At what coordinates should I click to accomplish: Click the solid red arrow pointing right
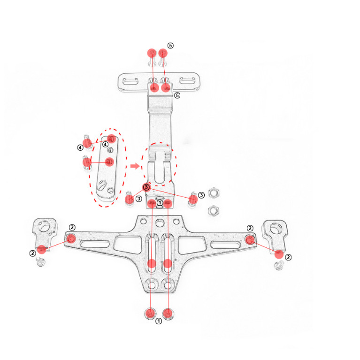tap(135, 166)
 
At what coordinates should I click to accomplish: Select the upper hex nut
tap(214, 192)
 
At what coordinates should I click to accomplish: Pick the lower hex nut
tap(214, 211)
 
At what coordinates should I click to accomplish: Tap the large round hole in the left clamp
tap(44, 226)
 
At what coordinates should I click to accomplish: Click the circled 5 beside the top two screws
tap(170, 46)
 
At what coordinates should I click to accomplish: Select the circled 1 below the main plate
tap(159, 321)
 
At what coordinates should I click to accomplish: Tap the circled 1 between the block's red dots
tap(160, 203)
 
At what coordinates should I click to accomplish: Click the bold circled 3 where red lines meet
tap(146, 187)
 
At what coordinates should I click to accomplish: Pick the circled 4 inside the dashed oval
tap(105, 145)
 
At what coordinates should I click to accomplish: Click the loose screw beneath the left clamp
tap(41, 262)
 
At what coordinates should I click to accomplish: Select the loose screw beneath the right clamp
tap(279, 265)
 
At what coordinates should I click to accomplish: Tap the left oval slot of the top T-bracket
tap(130, 81)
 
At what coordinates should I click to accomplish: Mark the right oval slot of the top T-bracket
tap(187, 81)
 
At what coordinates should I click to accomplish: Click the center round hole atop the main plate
tap(160, 222)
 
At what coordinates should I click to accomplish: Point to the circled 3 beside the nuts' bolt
tap(201, 195)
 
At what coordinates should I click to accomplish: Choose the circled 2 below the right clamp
tap(288, 257)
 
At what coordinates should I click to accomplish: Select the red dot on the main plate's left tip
tap(71, 239)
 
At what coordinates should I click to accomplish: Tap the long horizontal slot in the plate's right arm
tap(225, 245)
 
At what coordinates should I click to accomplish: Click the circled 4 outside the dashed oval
tap(80, 148)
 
